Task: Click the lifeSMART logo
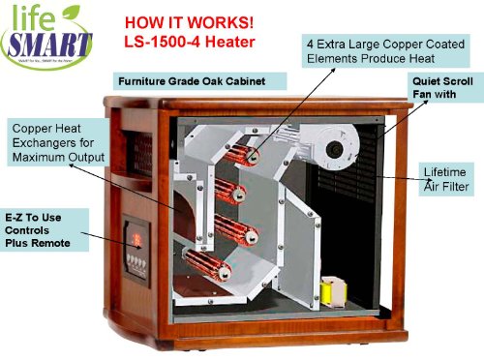(x=48, y=35)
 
